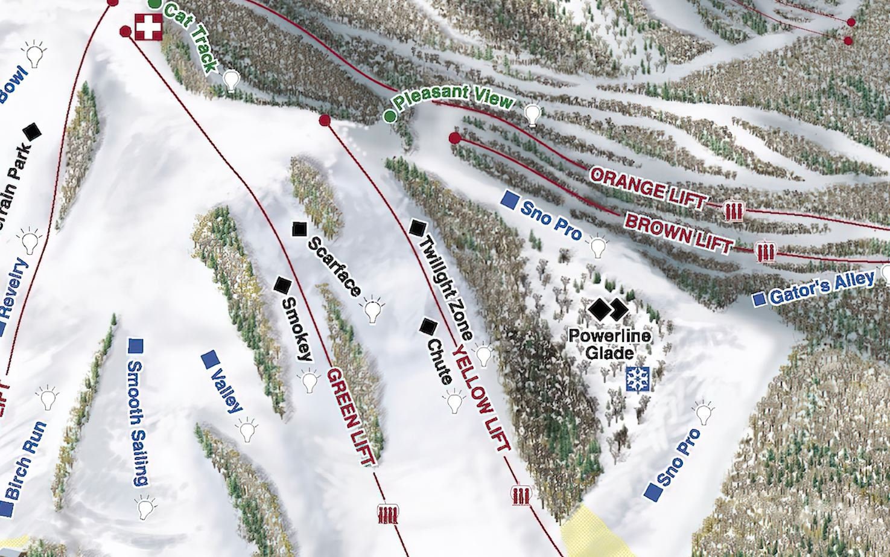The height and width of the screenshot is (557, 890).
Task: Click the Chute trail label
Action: tap(440, 361)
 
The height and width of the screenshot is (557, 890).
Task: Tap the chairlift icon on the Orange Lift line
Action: tap(733, 211)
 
